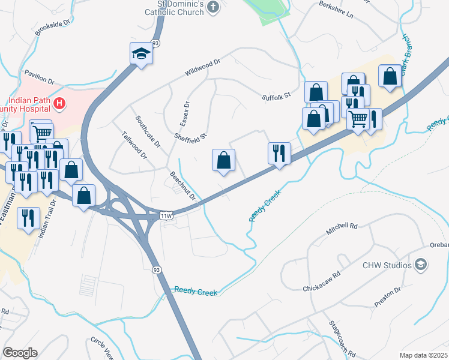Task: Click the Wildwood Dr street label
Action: [203, 67]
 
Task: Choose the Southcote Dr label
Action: [148, 131]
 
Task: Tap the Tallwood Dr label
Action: [134, 146]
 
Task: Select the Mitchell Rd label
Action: [342, 227]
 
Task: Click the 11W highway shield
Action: [166, 215]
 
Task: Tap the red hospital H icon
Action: [59, 104]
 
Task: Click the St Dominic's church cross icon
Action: [212, 8]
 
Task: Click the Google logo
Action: [20, 353]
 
